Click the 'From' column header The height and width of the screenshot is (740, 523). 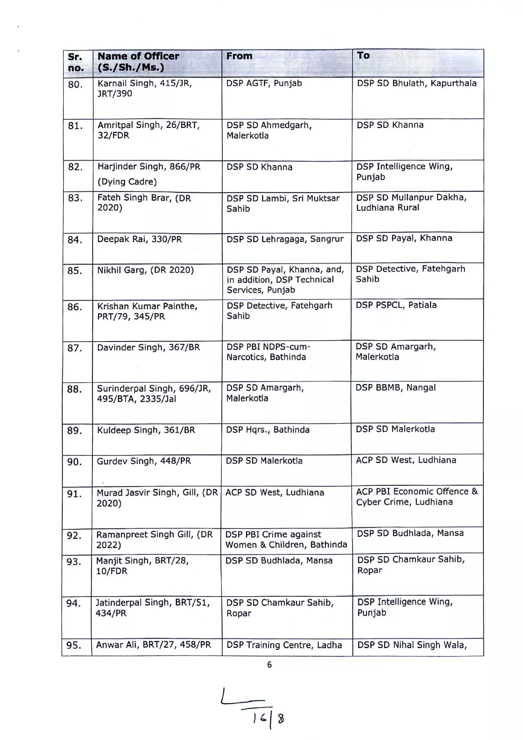click(239, 56)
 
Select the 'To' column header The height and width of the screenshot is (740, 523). click(363, 56)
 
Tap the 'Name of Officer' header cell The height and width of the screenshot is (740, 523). click(138, 62)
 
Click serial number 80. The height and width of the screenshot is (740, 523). click(75, 85)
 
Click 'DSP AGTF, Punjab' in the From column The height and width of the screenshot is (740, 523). click(264, 83)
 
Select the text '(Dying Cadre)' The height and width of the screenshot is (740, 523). click(127, 182)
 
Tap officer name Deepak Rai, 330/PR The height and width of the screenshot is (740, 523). click(140, 239)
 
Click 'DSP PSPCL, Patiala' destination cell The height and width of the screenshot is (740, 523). click(396, 305)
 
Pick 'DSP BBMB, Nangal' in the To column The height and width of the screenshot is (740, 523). click(396, 388)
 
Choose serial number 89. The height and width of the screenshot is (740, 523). click(75, 431)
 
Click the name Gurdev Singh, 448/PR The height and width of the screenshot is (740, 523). click(144, 461)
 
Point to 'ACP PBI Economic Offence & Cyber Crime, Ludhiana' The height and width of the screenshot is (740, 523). click(417, 497)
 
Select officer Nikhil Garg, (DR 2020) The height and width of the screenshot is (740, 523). click(146, 270)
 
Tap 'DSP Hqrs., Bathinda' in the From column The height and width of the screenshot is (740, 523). click(268, 430)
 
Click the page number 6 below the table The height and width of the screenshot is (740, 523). click(270, 665)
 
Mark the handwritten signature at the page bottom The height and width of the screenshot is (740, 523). click(253, 708)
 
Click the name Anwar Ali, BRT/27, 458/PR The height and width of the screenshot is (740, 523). click(154, 645)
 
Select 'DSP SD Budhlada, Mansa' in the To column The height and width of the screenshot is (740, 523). click(410, 533)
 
